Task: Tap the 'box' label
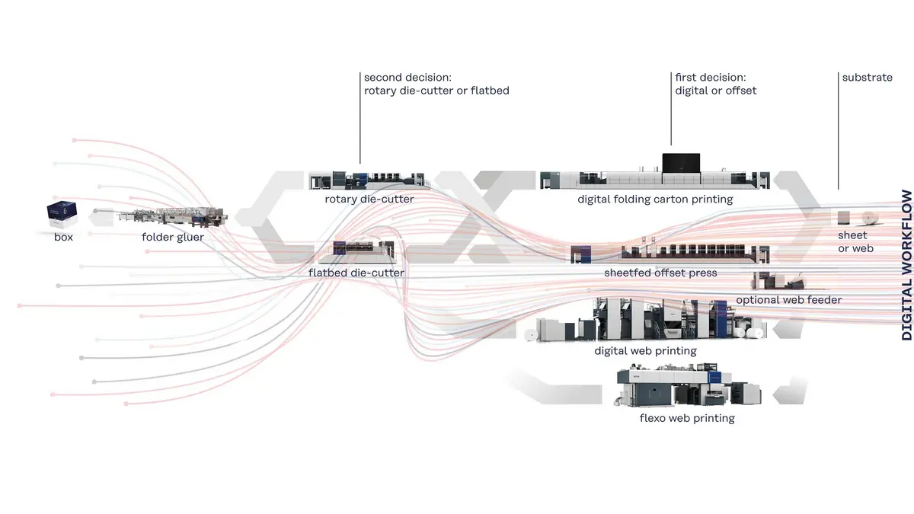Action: pyautogui.click(x=64, y=238)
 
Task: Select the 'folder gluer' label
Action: pyautogui.click(x=173, y=238)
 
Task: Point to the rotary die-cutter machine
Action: pyautogui.click(x=369, y=180)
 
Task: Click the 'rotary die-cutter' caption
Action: pyautogui.click(x=369, y=200)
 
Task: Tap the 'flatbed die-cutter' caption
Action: pyautogui.click(x=356, y=272)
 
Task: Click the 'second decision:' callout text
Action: pyautogui.click(x=407, y=78)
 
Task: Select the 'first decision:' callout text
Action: pyautogui.click(x=711, y=78)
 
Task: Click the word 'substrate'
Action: pyautogui.click(x=867, y=78)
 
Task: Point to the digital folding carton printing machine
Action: pyautogui.click(x=654, y=174)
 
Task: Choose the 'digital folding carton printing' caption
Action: pyautogui.click(x=655, y=200)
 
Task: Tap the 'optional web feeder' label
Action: pyautogui.click(x=788, y=300)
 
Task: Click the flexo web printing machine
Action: pyautogui.click(x=685, y=387)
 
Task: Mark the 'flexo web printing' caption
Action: pyautogui.click(x=687, y=418)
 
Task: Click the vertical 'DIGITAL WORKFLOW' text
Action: pyautogui.click(x=906, y=264)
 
